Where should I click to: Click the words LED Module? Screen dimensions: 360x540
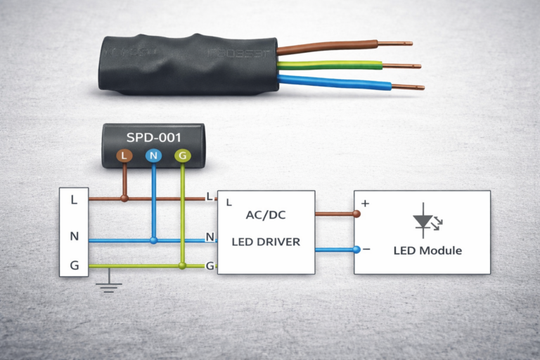427,251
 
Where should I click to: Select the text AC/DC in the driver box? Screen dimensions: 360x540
266,215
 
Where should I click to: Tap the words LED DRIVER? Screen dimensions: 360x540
266,242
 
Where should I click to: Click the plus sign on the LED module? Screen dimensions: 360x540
365,204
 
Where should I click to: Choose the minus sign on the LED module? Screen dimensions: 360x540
366,250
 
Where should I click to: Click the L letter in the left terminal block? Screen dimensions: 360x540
74,199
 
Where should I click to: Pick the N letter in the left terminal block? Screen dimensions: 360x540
74,236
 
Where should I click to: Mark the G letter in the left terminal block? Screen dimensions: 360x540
74,266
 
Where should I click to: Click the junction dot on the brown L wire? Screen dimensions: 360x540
124,198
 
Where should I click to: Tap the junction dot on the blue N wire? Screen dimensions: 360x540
153,240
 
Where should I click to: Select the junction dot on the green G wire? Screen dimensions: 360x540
183,266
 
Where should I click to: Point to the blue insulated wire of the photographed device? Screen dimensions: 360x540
330,83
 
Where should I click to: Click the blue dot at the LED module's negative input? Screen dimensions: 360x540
356,249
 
